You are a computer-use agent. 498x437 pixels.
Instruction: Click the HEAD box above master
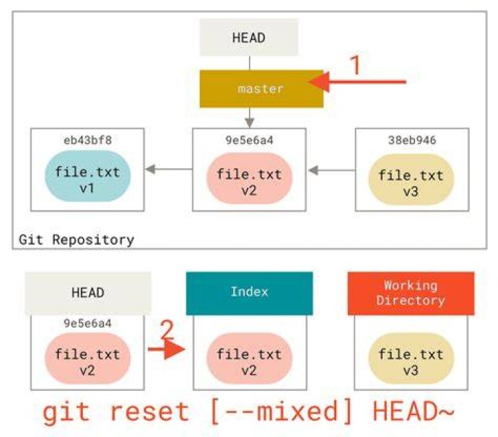(249, 37)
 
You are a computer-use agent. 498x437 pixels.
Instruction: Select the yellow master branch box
(261, 89)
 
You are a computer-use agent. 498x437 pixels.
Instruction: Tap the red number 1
(356, 65)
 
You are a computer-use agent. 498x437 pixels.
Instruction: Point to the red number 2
(167, 331)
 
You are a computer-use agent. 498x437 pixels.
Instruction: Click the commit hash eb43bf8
(88, 140)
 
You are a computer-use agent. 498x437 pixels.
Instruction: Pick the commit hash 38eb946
(412, 140)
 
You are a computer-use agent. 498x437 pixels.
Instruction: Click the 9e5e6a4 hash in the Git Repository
(249, 140)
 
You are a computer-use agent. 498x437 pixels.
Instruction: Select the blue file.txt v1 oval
(88, 176)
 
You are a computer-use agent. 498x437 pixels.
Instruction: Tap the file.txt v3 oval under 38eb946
(411, 180)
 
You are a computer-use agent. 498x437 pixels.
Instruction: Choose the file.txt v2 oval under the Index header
(249, 359)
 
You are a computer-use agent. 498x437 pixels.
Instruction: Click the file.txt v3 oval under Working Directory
(411, 359)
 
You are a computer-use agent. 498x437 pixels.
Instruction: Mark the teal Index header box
(249, 293)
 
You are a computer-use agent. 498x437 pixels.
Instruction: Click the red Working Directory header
(411, 293)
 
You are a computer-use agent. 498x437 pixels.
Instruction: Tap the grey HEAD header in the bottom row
(88, 293)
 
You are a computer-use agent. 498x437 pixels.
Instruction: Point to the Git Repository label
(77, 240)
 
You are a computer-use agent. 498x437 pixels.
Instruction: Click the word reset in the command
(149, 411)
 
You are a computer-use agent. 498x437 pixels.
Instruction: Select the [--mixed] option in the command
(281, 411)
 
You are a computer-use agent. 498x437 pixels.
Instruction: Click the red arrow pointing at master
(358, 82)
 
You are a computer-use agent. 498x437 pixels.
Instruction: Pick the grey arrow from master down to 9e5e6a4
(250, 118)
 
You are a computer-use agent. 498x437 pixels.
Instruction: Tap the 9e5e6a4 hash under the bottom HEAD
(88, 324)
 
